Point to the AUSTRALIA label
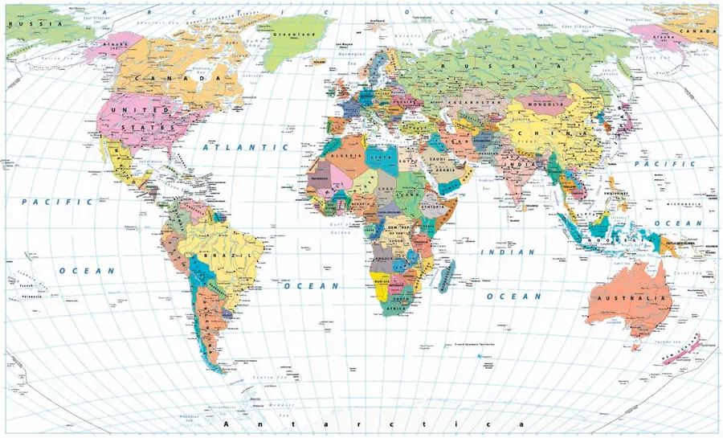[631, 299]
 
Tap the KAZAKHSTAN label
[481, 104]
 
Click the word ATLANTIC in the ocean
[245, 148]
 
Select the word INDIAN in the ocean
[507, 252]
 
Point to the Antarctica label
[361, 424]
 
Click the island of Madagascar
[447, 274]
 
